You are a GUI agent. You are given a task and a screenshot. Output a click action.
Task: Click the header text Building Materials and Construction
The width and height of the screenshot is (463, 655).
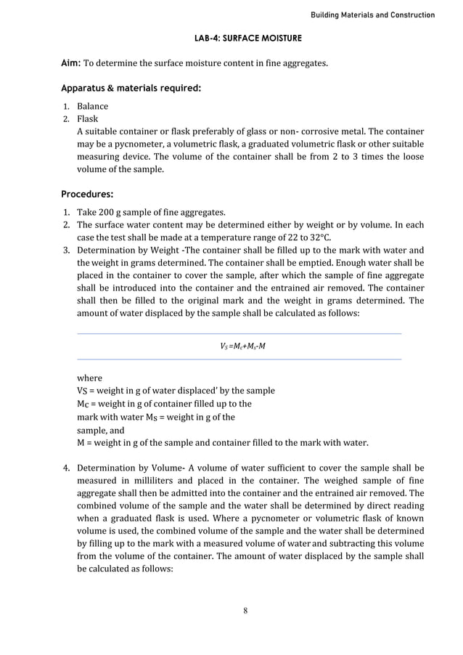coord(372,15)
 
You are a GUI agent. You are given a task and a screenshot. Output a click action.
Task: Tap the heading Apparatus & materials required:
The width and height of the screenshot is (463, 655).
coord(131,89)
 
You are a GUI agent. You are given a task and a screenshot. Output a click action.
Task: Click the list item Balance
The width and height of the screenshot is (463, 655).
coord(93,107)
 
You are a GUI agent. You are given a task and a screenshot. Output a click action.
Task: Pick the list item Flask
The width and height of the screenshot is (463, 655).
coord(88,119)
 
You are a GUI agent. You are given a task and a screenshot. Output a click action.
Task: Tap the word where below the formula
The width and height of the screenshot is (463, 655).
coord(90,378)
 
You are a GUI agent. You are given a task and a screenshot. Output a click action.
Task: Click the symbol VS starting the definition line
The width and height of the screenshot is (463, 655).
coord(83,391)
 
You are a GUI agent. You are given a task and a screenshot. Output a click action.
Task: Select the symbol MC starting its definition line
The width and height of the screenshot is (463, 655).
coord(83,404)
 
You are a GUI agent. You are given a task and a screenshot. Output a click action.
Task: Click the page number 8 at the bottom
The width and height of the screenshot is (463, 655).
coord(246,611)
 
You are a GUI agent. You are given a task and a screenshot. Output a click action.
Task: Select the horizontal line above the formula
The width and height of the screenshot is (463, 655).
coord(239,334)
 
